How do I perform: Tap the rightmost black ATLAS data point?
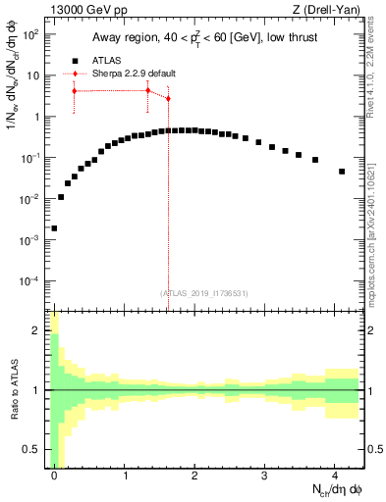tap(342, 172)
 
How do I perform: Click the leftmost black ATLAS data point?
tap(54, 227)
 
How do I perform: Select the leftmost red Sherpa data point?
tap(74, 91)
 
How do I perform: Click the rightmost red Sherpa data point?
tap(168, 98)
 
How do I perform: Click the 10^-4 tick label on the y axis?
tap(29, 280)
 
